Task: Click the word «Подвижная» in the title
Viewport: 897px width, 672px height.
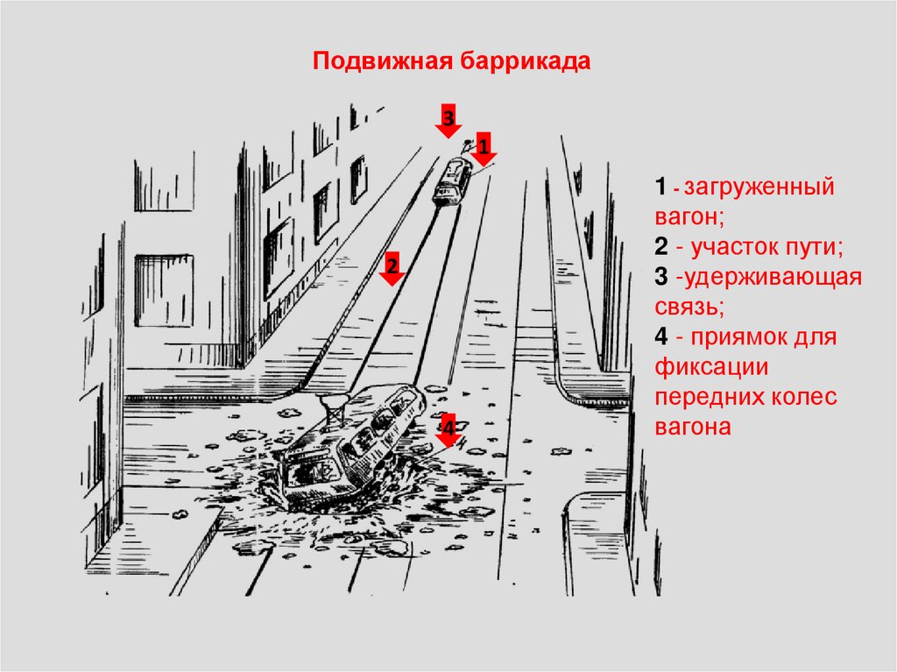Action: (383, 60)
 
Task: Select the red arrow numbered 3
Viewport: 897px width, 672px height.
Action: (448, 121)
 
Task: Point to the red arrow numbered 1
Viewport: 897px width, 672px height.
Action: (484, 149)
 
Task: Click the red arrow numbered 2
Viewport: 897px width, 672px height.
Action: (392, 268)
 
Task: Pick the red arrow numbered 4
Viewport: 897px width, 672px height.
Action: (448, 430)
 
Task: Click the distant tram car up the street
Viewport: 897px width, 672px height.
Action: (452, 180)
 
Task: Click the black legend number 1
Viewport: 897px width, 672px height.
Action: (660, 187)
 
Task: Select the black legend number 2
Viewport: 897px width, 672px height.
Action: (661, 246)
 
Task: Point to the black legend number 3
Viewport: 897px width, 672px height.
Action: (661, 276)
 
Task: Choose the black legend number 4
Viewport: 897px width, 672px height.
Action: (661, 336)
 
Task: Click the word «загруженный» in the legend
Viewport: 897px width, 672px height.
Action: (759, 187)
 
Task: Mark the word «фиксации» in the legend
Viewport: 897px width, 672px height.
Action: (711, 367)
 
